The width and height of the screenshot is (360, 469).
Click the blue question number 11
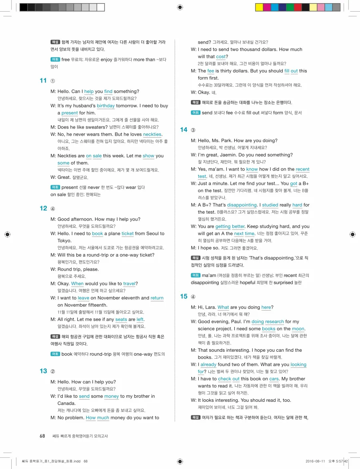click(x=43, y=81)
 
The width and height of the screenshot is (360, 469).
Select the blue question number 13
click(x=43, y=371)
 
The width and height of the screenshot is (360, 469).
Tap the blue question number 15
click(x=184, y=297)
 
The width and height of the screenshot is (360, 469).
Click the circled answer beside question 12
click(x=53, y=208)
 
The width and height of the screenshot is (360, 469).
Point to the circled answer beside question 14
click(x=193, y=130)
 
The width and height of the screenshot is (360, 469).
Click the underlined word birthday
click(x=106, y=106)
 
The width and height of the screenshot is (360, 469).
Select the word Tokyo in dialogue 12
click(x=64, y=241)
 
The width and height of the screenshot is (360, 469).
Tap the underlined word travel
click(x=129, y=284)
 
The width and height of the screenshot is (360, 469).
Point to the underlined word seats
click(x=121, y=320)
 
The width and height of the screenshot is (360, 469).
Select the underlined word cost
click(x=221, y=57)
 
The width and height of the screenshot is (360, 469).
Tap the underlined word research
click(x=274, y=322)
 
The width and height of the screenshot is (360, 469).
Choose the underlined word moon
click(x=298, y=329)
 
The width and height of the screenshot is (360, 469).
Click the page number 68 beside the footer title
click(x=42, y=436)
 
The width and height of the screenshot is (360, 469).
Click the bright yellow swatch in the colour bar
click(x=259, y=7)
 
